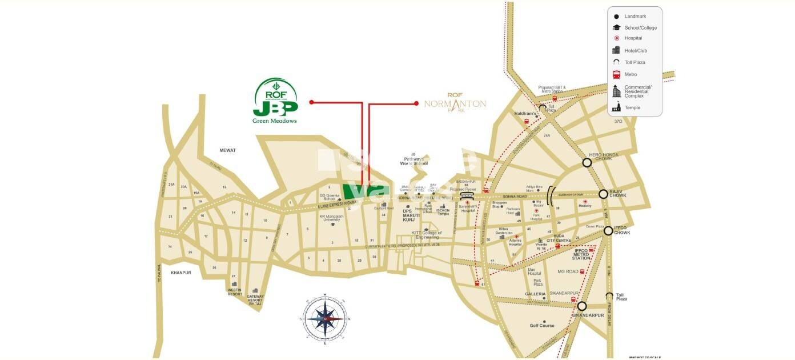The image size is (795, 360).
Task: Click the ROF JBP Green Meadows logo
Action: coord(275,101)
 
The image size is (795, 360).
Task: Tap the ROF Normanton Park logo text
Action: coord(455,103)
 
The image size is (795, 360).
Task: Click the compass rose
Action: coord(324,318)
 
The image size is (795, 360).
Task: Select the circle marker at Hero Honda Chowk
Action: coord(587,163)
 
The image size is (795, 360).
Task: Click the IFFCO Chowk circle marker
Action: coord(608,231)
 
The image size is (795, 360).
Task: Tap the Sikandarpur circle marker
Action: coord(581,306)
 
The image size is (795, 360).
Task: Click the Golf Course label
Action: coord(542,326)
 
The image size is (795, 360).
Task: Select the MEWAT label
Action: coord(228,150)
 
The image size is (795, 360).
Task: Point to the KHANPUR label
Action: coord(180,273)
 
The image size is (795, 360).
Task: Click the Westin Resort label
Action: coord(234,292)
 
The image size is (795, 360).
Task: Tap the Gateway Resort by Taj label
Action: coord(255,301)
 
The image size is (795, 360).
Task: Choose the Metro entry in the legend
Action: coord(631,74)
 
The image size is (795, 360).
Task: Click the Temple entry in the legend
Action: coord(632,107)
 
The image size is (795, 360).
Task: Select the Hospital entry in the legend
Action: coord(633,38)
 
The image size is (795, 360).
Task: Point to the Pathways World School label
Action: coord(414,161)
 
